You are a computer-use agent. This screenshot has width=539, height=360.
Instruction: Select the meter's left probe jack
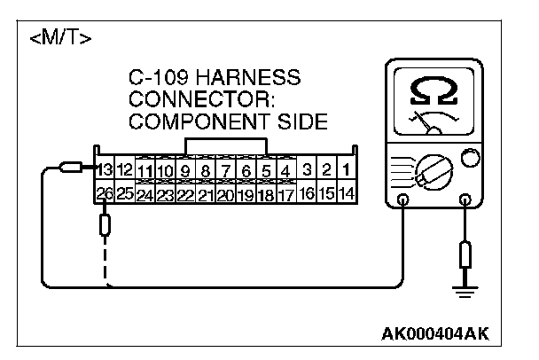402,200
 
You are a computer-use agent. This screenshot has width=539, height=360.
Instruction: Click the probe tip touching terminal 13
70,167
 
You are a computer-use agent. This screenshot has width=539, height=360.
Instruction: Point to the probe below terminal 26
105,225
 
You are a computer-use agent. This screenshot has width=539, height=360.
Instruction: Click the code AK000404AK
434,334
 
